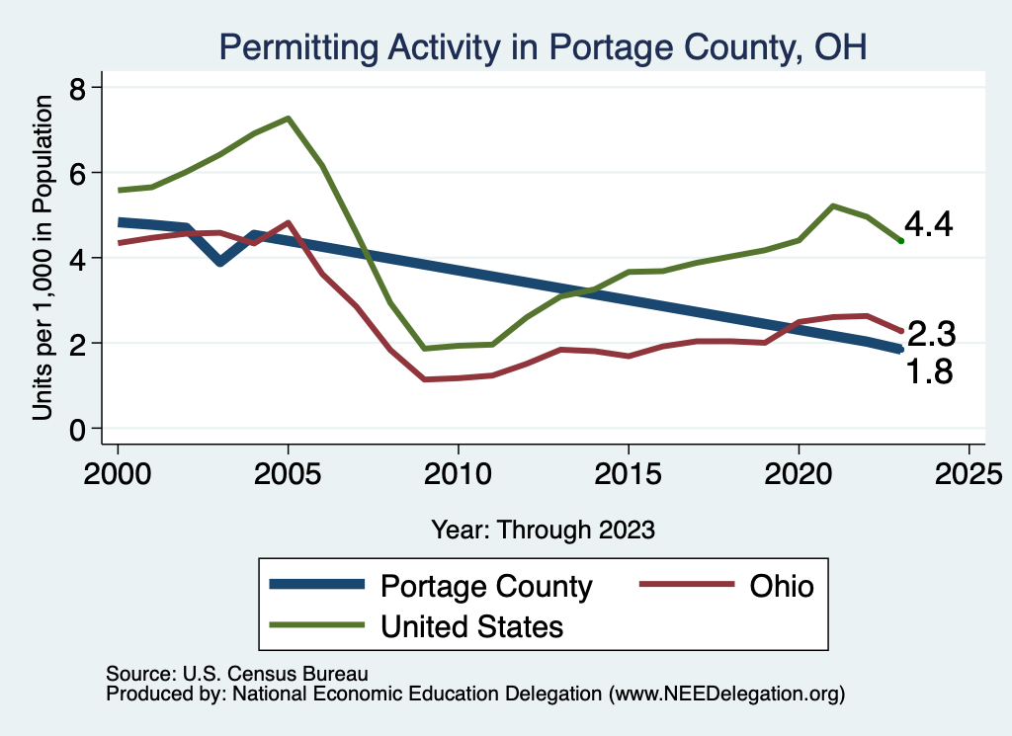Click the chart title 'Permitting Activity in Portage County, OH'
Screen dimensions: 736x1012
coord(543,46)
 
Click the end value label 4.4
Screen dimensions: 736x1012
coord(928,225)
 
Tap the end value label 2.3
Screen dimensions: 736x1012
coord(930,335)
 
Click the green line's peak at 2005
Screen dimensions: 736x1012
coord(288,119)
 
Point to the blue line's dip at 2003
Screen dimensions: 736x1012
coord(220,262)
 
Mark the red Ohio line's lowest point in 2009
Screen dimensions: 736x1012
coord(424,379)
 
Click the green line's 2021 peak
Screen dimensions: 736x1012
coord(832,205)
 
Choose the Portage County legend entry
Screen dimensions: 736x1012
coord(485,586)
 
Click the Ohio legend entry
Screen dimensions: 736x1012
coord(781,586)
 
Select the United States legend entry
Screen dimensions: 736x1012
coord(471,625)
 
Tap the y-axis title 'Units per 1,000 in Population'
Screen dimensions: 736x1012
coord(42,257)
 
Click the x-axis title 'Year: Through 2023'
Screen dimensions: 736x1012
coord(543,530)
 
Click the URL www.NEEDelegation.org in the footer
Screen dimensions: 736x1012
coord(727,695)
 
